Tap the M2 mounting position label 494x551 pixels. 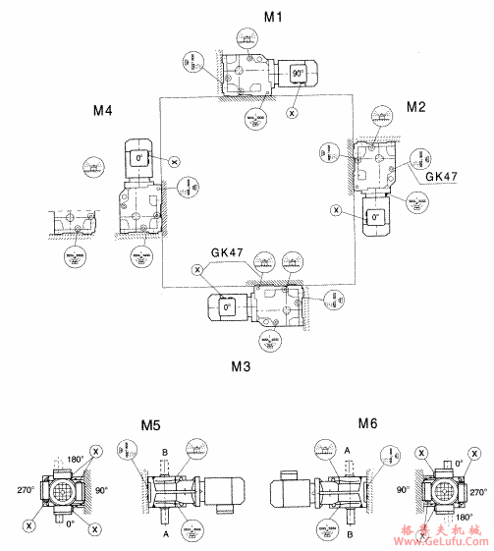click(416, 106)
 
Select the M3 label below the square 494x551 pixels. click(242, 366)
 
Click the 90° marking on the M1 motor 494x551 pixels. click(298, 74)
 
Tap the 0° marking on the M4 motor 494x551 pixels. click(139, 157)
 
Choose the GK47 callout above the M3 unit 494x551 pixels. click(226, 252)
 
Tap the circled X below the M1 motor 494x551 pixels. click(292, 114)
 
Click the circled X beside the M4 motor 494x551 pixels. click(173, 161)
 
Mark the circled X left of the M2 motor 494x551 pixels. click(337, 209)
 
